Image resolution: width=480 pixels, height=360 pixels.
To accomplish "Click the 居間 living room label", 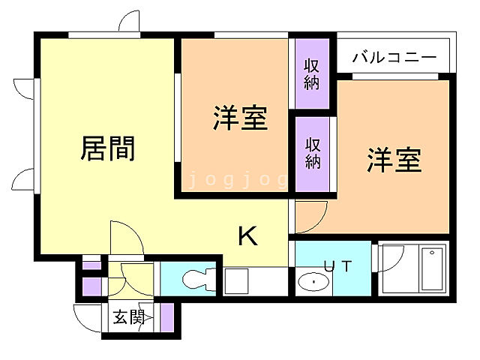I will tap(108, 148).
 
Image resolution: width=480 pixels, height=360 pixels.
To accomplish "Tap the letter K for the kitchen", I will tap(247, 237).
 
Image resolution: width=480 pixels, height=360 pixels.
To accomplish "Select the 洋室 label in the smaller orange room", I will tap(240, 118).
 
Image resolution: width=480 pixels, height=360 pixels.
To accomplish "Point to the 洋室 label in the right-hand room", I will tap(394, 160).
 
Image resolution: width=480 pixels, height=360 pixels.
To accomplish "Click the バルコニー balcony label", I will tap(394, 57).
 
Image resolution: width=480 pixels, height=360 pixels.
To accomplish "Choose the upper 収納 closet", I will tap(311, 74).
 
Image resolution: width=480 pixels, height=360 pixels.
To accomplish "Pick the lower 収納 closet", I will tap(311, 152).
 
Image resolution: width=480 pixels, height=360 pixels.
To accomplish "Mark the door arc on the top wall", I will tap(128, 22).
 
